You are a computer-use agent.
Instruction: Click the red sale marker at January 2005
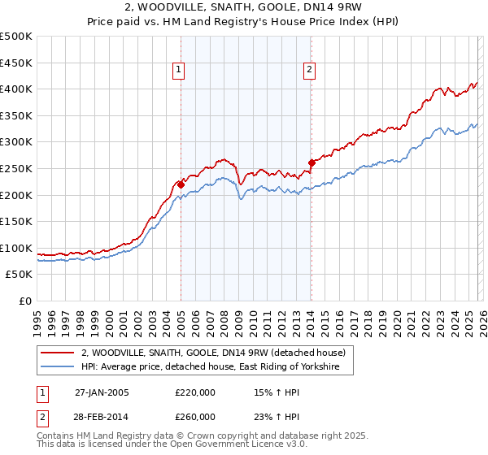pyautogui.click(x=181, y=184)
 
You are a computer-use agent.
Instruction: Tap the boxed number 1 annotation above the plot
pyautogui.click(x=178, y=71)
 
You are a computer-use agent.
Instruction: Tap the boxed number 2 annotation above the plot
pyautogui.click(x=310, y=71)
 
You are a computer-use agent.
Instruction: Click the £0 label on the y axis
pyautogui.click(x=26, y=301)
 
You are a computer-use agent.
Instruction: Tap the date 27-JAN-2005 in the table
pyautogui.click(x=102, y=392)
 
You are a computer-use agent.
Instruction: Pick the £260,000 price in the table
pyautogui.click(x=195, y=416)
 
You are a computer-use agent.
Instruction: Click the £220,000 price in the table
pyautogui.click(x=195, y=392)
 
